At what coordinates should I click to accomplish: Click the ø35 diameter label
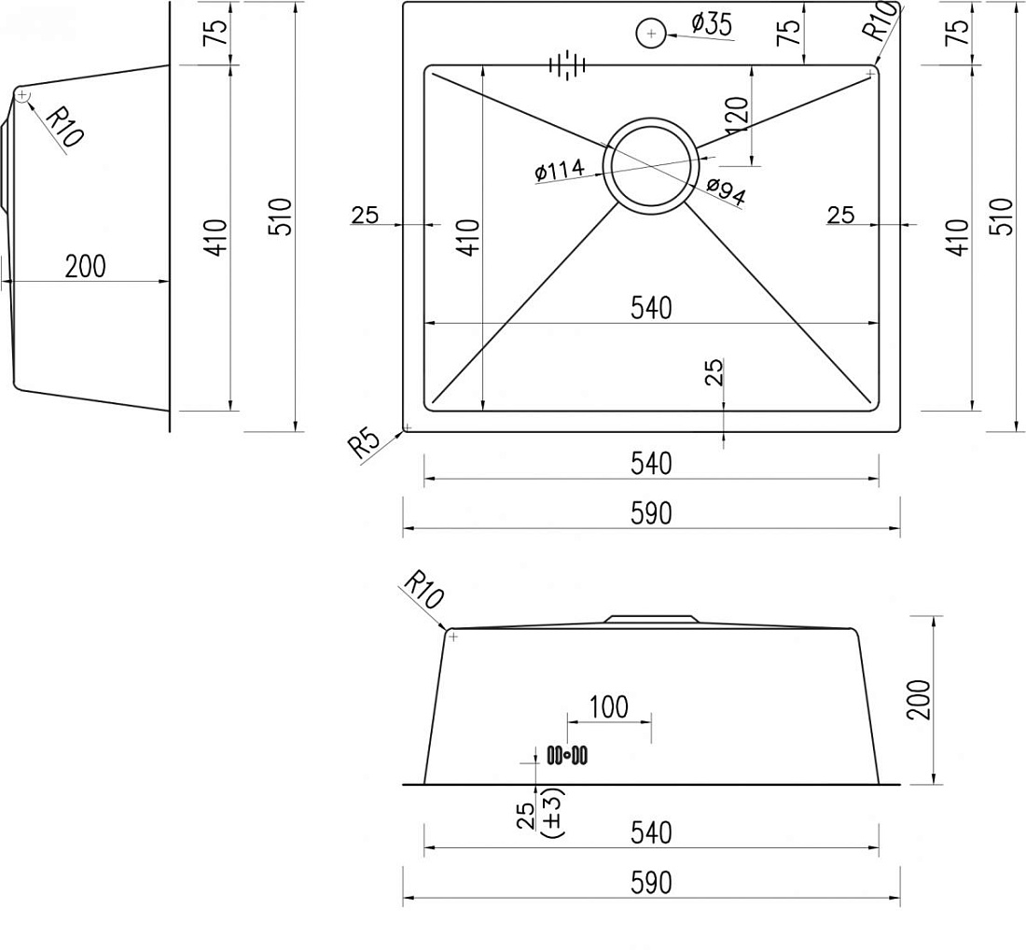pos(712,24)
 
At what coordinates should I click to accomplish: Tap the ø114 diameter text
pos(560,170)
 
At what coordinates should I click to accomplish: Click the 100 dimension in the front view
pos(608,707)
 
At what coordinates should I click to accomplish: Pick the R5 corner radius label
pos(364,444)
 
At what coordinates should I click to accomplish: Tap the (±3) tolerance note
pos(553,812)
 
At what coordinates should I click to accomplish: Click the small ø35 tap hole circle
pos(651,34)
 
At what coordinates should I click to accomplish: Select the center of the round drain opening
pos(651,166)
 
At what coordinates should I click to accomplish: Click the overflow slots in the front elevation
pos(567,756)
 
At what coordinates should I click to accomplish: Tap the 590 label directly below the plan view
pos(652,514)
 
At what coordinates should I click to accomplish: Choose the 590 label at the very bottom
pos(652,883)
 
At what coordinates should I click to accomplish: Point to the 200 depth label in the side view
pos(85,267)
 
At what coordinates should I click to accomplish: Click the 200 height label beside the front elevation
pos(919,699)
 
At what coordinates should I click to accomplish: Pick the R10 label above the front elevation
pos(423,590)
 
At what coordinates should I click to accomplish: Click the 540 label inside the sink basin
pos(652,308)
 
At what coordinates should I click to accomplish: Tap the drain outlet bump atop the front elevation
pos(651,618)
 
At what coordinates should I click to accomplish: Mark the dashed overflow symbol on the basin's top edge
pos(567,64)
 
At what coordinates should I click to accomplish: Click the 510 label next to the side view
pos(282,217)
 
